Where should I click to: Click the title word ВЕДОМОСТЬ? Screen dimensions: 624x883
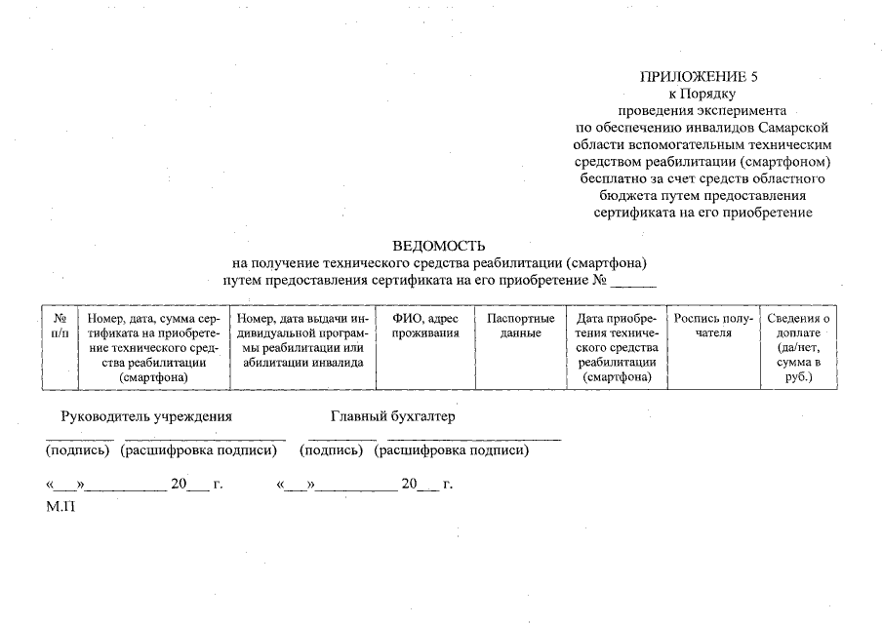439,246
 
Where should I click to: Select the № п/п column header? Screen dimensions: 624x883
60,326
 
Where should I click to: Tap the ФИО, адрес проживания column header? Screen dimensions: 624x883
424,326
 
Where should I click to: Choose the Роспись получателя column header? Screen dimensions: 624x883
711,326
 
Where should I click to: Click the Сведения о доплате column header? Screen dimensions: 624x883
798,347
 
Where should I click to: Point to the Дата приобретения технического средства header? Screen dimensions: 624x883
616,347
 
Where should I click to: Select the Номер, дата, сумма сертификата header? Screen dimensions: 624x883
152,347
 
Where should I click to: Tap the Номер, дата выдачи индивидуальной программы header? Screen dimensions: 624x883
301,340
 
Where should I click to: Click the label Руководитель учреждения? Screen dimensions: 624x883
146,416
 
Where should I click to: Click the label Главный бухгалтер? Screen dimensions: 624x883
392,416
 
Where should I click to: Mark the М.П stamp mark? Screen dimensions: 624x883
60,508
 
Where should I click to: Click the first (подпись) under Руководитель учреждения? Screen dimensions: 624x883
79,450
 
